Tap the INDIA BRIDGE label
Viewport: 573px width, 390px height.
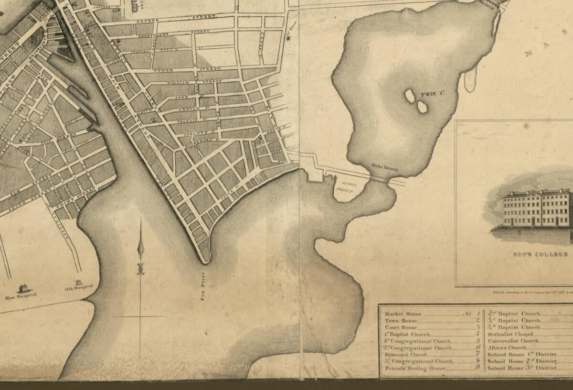pos(385,168)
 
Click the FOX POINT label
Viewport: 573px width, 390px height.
pos(203,285)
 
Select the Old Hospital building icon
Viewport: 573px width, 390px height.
pos(78,282)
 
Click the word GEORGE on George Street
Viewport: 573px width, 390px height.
pos(147,22)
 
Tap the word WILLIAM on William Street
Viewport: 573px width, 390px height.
pos(175,82)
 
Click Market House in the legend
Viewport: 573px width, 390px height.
pos(403,314)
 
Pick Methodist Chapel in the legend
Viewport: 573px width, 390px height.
pos(507,334)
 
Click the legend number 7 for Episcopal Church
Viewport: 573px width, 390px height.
pos(477,354)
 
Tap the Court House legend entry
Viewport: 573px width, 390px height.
pos(401,327)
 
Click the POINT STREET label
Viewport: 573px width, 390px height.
pos(69,199)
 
